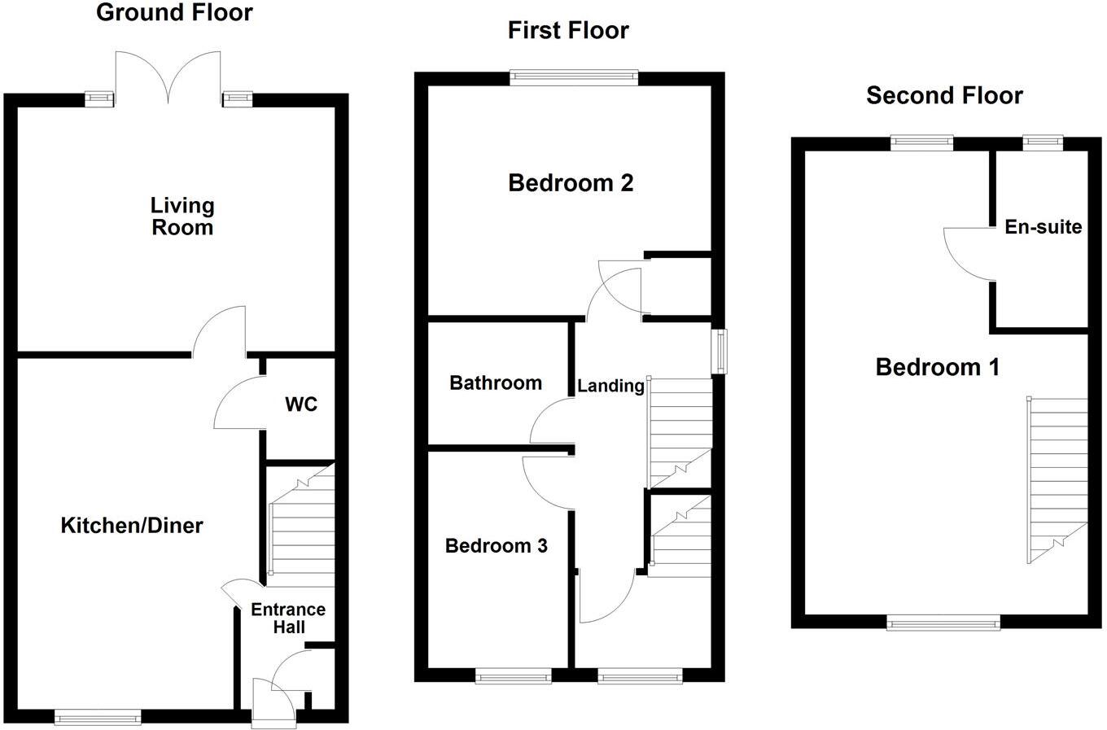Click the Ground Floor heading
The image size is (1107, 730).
[174, 13]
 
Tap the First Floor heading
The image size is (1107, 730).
[568, 31]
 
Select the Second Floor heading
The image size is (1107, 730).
[944, 96]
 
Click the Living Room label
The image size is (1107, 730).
[182, 216]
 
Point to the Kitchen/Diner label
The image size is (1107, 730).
[132, 526]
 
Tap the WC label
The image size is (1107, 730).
[301, 404]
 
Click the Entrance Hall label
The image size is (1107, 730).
[288, 619]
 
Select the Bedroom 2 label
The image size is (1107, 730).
[571, 183]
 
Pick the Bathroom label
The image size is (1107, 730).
[496, 383]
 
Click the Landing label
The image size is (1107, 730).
[610, 386]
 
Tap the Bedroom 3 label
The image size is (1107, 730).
[496, 546]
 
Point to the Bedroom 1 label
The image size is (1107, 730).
[937, 368]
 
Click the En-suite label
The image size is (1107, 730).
[1043, 227]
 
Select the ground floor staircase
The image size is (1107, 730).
[302, 525]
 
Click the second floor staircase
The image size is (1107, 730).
[1057, 480]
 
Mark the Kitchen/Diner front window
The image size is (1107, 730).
[98, 717]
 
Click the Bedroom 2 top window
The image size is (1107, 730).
[575, 77]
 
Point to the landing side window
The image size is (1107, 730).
[720, 351]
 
